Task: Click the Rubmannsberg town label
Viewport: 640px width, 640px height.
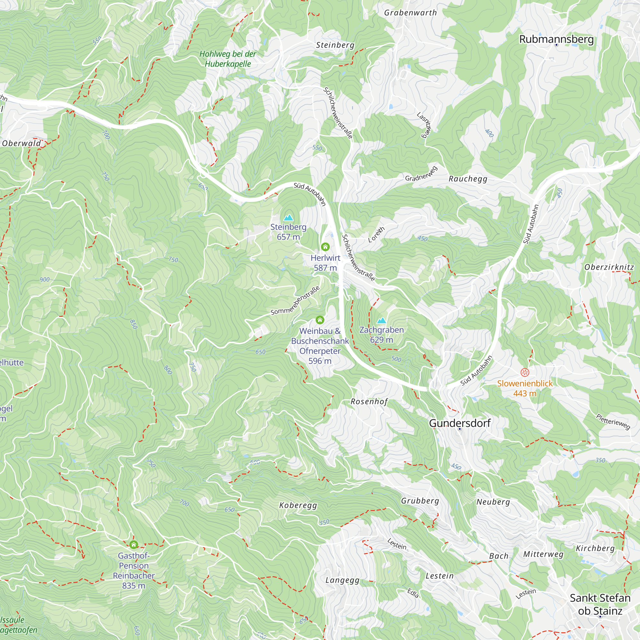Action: coord(556,39)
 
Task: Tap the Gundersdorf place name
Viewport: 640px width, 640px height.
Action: coord(460,423)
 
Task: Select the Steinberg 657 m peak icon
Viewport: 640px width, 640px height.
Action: coord(289,218)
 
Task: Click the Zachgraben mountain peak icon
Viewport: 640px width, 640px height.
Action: coord(382,320)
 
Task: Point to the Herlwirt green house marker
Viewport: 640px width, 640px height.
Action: coord(325,247)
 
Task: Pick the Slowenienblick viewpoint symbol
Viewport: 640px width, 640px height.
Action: coord(525,372)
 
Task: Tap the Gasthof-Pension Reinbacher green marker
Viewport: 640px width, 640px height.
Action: coord(133,545)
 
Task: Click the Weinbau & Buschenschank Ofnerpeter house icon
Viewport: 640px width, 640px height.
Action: coord(320,320)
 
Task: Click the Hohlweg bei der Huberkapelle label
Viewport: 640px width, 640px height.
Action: coord(228,59)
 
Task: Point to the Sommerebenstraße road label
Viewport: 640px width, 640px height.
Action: coord(295,300)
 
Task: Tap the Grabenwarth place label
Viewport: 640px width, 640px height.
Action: coord(411,13)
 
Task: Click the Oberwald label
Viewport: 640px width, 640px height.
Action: coord(21,143)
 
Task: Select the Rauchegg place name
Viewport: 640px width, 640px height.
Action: coord(468,179)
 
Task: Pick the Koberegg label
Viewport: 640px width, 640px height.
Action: coord(298,505)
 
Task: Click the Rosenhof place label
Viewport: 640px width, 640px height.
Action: coord(369,402)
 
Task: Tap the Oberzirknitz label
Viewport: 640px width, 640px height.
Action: coord(609,267)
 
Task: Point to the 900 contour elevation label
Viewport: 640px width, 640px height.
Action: coord(45,280)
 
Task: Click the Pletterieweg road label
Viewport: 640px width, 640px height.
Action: coord(613,422)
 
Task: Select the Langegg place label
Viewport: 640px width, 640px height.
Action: coord(342,580)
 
